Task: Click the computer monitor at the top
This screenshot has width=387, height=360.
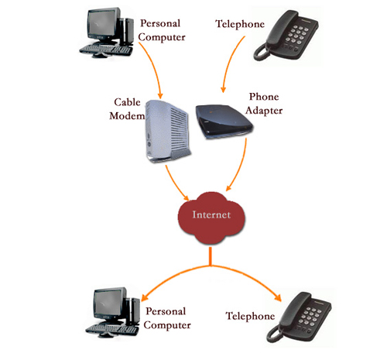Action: click(104, 26)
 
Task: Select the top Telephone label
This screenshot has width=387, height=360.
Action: click(239, 24)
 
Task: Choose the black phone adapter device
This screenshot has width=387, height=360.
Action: click(220, 122)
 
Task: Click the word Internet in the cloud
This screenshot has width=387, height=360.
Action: click(210, 215)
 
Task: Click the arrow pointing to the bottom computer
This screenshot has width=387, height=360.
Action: click(170, 275)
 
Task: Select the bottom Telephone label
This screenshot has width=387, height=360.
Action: click(251, 316)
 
